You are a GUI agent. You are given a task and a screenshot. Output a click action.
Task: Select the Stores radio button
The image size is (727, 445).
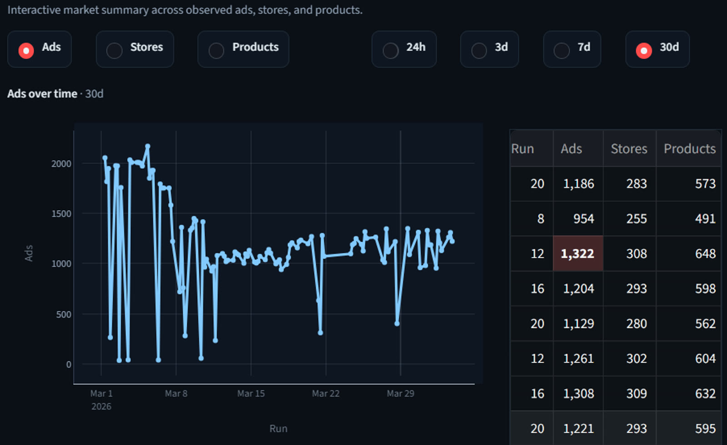point(115,50)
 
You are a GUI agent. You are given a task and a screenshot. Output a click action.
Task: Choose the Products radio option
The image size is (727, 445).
point(216,50)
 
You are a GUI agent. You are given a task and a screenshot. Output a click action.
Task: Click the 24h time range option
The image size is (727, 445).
point(391,50)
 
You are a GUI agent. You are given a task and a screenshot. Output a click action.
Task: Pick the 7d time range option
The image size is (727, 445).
point(562,50)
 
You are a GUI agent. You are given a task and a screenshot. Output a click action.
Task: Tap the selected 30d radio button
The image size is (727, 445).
point(644,50)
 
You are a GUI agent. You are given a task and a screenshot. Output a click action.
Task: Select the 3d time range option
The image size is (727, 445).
point(479,50)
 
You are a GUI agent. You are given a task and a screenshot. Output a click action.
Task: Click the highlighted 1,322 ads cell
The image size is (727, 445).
point(578,253)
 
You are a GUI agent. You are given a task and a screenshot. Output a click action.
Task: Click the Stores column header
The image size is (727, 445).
point(629,148)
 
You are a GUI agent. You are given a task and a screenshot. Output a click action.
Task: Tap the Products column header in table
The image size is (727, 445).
point(689,148)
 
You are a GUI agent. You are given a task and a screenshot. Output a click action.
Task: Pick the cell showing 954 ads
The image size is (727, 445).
point(583,219)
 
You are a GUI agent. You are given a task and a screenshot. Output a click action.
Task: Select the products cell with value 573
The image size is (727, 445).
point(705,183)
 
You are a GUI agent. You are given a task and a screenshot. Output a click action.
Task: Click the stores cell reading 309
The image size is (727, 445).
point(636,393)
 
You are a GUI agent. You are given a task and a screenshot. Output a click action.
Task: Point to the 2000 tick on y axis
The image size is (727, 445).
point(61,163)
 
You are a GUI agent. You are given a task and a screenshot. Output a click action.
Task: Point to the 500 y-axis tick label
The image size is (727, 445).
point(64,314)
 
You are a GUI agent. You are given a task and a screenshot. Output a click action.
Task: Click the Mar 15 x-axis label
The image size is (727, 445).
point(251,393)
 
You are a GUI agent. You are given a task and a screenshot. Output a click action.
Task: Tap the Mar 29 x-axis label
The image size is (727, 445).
point(400,393)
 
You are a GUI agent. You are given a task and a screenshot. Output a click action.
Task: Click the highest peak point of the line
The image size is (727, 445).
point(148,146)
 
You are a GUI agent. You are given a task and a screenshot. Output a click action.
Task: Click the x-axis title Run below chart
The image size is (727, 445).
point(278,428)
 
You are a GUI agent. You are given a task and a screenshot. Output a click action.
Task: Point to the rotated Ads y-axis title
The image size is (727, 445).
point(29,253)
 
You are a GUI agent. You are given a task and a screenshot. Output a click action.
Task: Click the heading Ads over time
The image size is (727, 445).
point(42,94)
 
